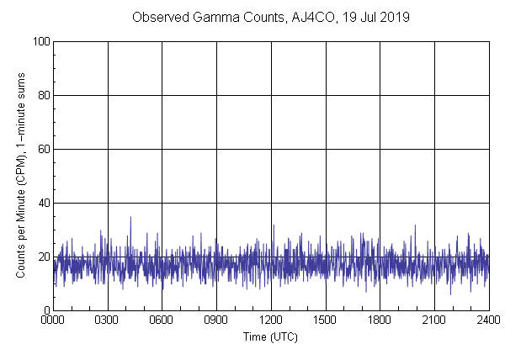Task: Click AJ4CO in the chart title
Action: pyautogui.click(x=314, y=17)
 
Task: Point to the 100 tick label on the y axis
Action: pyautogui.click(x=40, y=41)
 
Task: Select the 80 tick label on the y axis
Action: pyautogui.click(x=42, y=95)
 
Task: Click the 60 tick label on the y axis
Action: pyautogui.click(x=42, y=149)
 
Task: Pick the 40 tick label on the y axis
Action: pyautogui.click(x=42, y=203)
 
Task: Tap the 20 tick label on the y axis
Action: pyautogui.click(x=42, y=257)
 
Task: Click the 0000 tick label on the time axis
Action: pyautogui.click(x=53, y=320)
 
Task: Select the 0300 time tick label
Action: pyautogui.click(x=108, y=320)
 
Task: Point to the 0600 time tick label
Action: pyautogui.click(x=162, y=320)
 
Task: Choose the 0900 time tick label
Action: pyautogui.click(x=216, y=320)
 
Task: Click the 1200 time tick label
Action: pyautogui.click(x=271, y=320)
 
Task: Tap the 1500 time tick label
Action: pyautogui.click(x=326, y=320)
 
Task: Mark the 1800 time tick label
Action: pyautogui.click(x=380, y=320)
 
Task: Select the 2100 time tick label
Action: pyautogui.click(x=434, y=320)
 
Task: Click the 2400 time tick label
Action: pyautogui.click(x=488, y=320)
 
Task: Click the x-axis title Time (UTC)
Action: pyautogui.click(x=270, y=336)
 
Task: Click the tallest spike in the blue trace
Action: pyautogui.click(x=130, y=218)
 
